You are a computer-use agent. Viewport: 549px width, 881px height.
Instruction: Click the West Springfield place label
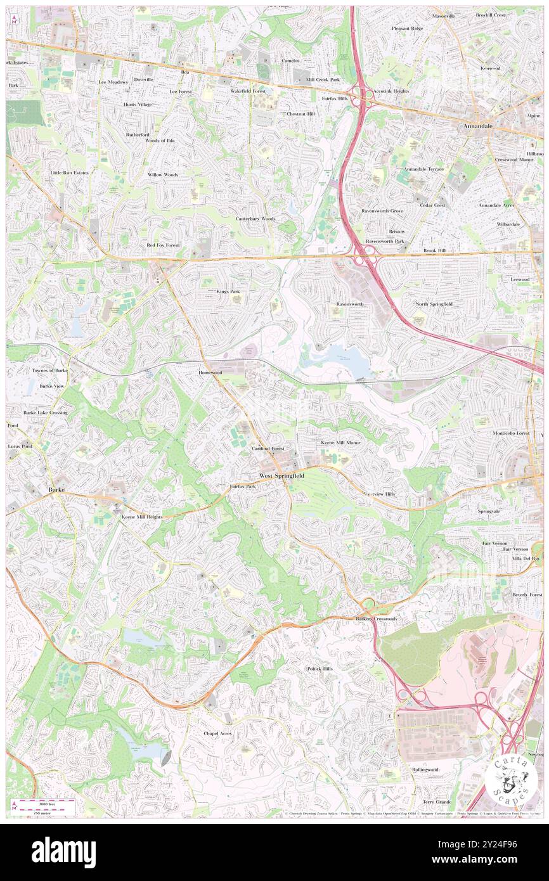(281, 475)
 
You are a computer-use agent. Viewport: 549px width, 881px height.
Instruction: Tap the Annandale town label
(478, 126)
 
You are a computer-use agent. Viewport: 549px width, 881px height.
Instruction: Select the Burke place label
(57, 490)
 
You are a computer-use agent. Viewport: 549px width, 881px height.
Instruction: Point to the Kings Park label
(228, 292)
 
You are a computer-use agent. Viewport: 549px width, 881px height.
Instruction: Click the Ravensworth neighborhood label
(350, 304)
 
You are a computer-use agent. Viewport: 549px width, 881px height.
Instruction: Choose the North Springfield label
(434, 304)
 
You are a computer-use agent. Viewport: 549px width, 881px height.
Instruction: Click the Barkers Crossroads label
(376, 619)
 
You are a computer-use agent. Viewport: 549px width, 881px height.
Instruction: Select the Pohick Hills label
(320, 669)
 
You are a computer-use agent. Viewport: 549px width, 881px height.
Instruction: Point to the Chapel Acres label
(217, 733)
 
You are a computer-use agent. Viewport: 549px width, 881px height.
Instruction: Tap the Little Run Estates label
(70, 172)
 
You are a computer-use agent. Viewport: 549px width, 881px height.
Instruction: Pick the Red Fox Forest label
(164, 245)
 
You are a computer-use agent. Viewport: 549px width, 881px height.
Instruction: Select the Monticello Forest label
(511, 433)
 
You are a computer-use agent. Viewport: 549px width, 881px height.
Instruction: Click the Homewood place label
(210, 373)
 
